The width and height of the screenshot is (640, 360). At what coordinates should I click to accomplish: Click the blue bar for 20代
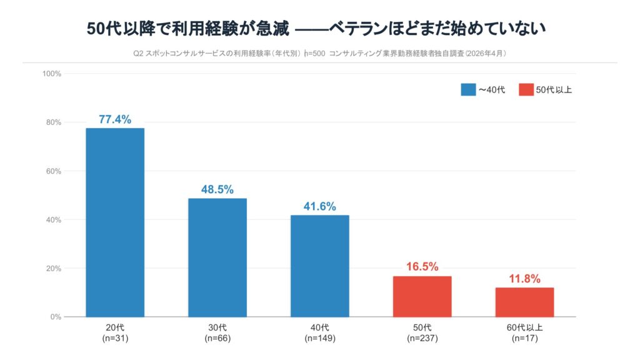click(x=115, y=222)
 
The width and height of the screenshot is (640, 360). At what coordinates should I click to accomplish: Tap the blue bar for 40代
click(x=319, y=266)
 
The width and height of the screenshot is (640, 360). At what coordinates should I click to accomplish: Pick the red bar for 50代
click(x=422, y=296)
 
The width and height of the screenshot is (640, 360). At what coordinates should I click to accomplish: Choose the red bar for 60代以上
click(x=524, y=302)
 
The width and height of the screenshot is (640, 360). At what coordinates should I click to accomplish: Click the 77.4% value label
click(x=115, y=119)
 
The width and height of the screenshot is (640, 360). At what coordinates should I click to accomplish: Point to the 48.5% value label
click(x=217, y=189)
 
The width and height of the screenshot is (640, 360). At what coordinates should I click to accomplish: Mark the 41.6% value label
click(x=319, y=206)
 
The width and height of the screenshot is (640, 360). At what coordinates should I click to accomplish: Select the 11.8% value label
click(x=524, y=279)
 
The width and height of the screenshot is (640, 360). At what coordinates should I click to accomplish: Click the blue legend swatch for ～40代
click(x=468, y=89)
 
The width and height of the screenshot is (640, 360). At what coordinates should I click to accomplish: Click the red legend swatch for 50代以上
click(x=526, y=89)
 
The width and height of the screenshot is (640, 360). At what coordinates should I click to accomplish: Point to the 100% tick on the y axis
click(x=51, y=74)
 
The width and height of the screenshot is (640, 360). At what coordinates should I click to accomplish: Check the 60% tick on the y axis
click(x=53, y=171)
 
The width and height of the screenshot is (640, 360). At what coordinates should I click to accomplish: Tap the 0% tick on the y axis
click(x=55, y=317)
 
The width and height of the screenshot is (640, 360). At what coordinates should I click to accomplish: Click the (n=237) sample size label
click(x=422, y=339)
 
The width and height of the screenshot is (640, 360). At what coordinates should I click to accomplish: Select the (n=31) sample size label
click(x=115, y=339)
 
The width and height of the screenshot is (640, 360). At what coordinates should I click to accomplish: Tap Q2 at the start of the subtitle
click(x=138, y=54)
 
